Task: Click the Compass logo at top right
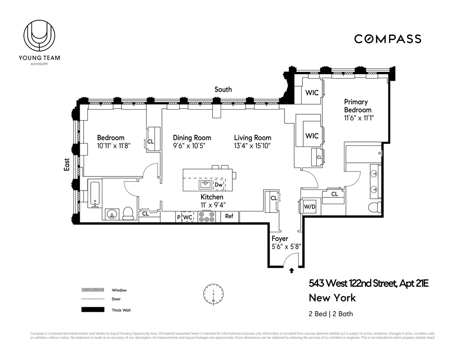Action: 387,39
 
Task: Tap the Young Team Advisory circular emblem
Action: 39,36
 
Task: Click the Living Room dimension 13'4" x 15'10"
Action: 252,146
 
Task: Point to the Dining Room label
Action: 192,138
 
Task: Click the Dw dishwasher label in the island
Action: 219,185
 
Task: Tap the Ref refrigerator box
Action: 229,216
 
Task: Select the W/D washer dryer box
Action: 310,206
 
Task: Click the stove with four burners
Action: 206,217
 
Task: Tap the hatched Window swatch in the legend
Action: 93,290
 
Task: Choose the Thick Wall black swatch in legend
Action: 93,310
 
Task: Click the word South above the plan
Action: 223,89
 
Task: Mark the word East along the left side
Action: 67,164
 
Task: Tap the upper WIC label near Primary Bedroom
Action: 312,93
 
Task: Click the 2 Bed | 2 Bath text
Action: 331,313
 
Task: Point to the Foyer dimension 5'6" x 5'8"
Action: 286,246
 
